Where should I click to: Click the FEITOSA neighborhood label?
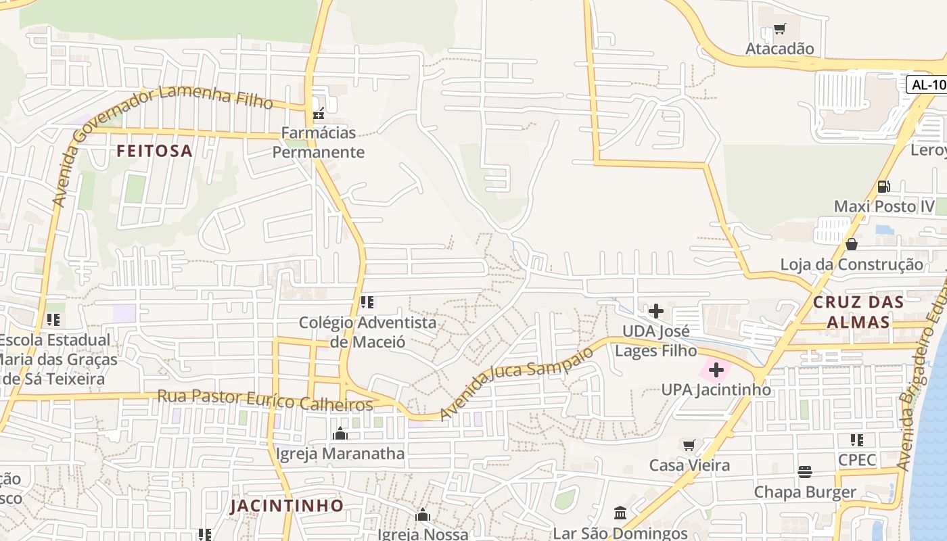(x=154, y=151)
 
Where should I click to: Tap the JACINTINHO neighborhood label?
(x=287, y=505)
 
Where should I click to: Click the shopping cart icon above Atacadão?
(x=779, y=29)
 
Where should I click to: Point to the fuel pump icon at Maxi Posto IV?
(x=883, y=186)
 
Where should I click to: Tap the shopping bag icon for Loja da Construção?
(x=851, y=243)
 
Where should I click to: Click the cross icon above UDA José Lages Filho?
(x=655, y=311)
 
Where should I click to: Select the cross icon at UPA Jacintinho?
(x=716, y=370)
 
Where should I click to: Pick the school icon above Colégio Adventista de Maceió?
(x=367, y=302)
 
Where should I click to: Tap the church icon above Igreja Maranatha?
(x=340, y=433)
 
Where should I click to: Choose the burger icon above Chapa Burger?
(x=804, y=471)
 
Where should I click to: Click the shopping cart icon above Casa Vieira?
(x=689, y=445)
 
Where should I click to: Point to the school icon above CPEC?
(x=857, y=440)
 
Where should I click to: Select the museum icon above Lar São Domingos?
(x=620, y=512)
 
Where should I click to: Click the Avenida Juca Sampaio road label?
(x=517, y=383)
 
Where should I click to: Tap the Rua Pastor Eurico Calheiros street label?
(x=264, y=400)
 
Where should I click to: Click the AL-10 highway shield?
(x=927, y=85)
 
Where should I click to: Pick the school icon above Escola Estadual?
(x=53, y=319)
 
